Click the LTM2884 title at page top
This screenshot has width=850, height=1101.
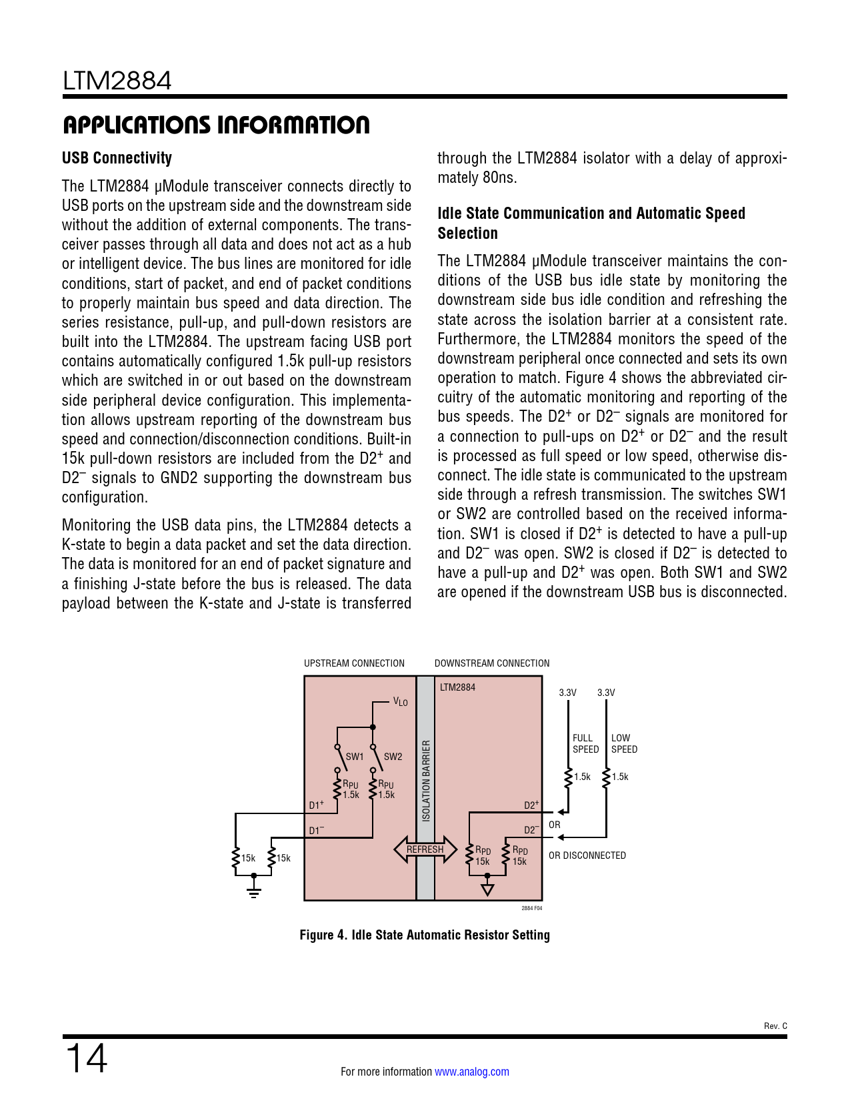pyautogui.click(x=117, y=81)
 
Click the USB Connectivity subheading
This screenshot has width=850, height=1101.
pyautogui.click(x=117, y=158)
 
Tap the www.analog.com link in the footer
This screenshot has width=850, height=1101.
pyautogui.click(x=471, y=1072)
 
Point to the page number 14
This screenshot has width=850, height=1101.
pyautogui.click(x=86, y=1058)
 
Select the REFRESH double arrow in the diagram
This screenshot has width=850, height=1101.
pyautogui.click(x=425, y=849)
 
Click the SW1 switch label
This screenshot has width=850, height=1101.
pyautogui.click(x=355, y=757)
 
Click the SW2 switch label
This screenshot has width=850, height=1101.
pyautogui.click(x=393, y=757)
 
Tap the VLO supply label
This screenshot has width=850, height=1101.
pyautogui.click(x=400, y=701)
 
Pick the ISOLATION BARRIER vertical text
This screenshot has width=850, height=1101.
pyautogui.click(x=427, y=780)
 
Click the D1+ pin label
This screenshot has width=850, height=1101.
pyautogui.click(x=316, y=805)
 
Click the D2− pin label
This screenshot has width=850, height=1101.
pyautogui.click(x=531, y=830)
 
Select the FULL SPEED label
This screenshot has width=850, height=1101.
pyautogui.click(x=585, y=743)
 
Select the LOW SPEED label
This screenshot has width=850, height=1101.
pyautogui.click(x=624, y=743)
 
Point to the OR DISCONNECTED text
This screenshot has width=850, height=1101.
pyautogui.click(x=587, y=855)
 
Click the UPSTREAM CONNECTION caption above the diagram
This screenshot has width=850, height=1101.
pyautogui.click(x=354, y=663)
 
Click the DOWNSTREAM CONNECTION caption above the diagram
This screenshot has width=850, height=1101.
pyautogui.click(x=492, y=663)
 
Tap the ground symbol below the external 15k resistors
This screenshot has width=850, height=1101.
pyautogui.click(x=253, y=893)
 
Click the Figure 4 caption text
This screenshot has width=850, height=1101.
pyautogui.click(x=425, y=935)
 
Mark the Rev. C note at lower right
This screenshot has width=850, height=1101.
pyautogui.click(x=775, y=1026)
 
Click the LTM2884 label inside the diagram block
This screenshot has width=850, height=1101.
pyautogui.click(x=457, y=687)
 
